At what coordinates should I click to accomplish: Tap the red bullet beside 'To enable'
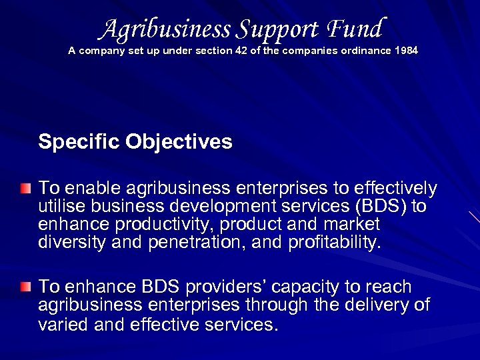click(x=25, y=188)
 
